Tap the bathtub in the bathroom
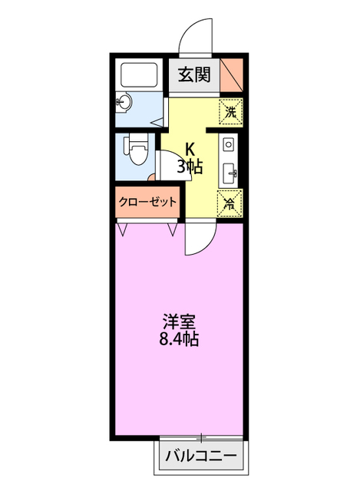tap(140, 75)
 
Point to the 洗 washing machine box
tap(230, 110)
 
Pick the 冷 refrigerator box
tap(230, 203)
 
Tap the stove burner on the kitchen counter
tap(229, 143)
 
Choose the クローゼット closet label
tap(148, 202)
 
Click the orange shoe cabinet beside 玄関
tap(233, 75)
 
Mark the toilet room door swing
tap(168, 159)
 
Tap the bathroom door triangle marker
tap(157, 120)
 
